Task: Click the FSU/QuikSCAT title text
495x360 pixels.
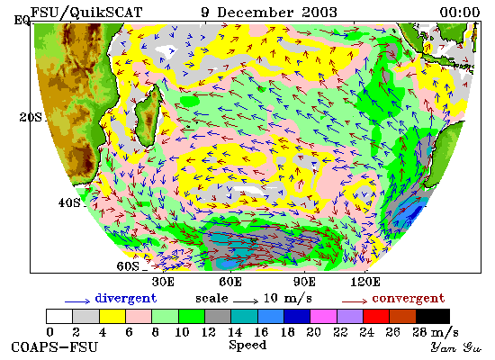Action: coord(86,13)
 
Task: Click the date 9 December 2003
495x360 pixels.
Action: coord(269,13)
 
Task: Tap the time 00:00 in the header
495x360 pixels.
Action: coord(460,13)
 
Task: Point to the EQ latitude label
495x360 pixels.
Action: coord(22,20)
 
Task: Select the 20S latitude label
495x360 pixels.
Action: coord(31,118)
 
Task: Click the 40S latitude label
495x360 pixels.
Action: coord(69,202)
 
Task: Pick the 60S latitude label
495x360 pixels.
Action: coord(128,266)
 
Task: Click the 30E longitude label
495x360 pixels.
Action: coord(163,282)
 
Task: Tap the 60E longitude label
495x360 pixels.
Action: coord(230,282)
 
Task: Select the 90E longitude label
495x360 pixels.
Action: coord(304,282)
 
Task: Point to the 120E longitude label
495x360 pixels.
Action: coord(365,282)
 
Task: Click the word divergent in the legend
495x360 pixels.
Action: coord(126,299)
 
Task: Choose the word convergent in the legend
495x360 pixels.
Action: coord(409,299)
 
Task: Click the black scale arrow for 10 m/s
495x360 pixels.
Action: coord(246,301)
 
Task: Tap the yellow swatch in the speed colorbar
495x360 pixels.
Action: coord(112,316)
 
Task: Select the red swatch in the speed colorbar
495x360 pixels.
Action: coord(375,316)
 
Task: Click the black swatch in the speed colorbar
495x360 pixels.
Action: coord(433,316)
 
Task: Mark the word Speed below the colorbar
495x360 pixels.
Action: coord(247,346)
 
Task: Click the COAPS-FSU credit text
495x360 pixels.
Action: coord(54,347)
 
